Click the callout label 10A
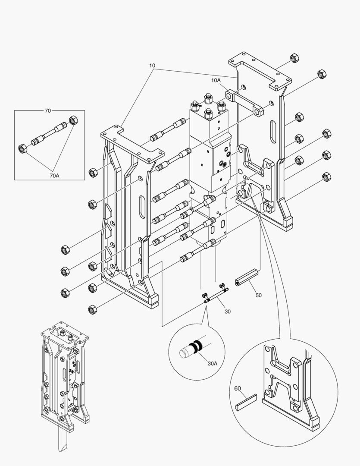(216, 80)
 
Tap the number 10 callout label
(152, 66)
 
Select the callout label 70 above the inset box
(47, 110)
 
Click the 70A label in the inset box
(54, 176)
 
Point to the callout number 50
(259, 295)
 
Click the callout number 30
(228, 312)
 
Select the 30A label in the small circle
(213, 363)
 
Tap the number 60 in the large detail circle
(238, 388)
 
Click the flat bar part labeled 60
(246, 402)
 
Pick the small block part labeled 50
(247, 277)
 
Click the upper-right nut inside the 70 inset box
(73, 120)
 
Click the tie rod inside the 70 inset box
(48, 134)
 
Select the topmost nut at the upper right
(294, 58)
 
